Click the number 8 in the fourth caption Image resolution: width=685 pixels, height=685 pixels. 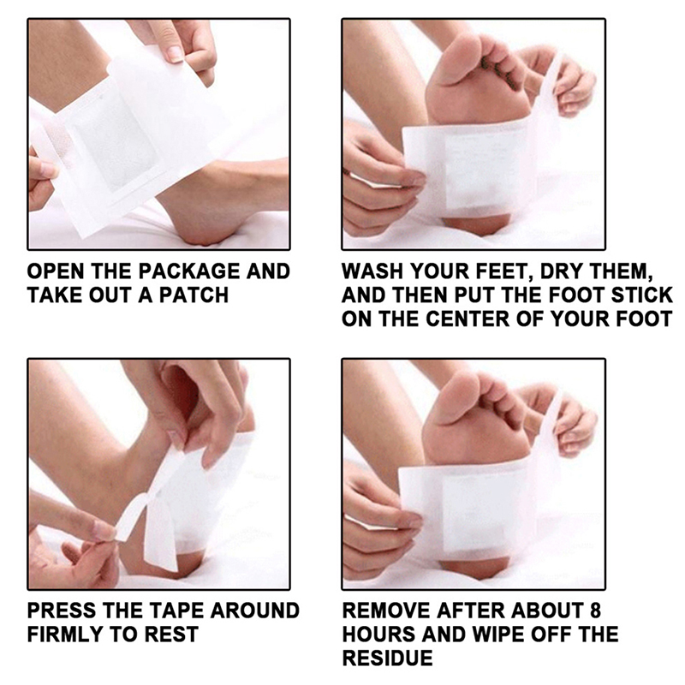(595, 611)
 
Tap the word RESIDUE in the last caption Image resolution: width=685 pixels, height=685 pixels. (388, 658)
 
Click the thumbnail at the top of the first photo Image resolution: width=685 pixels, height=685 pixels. (174, 54)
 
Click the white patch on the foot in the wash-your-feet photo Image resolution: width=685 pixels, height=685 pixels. (468, 170)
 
